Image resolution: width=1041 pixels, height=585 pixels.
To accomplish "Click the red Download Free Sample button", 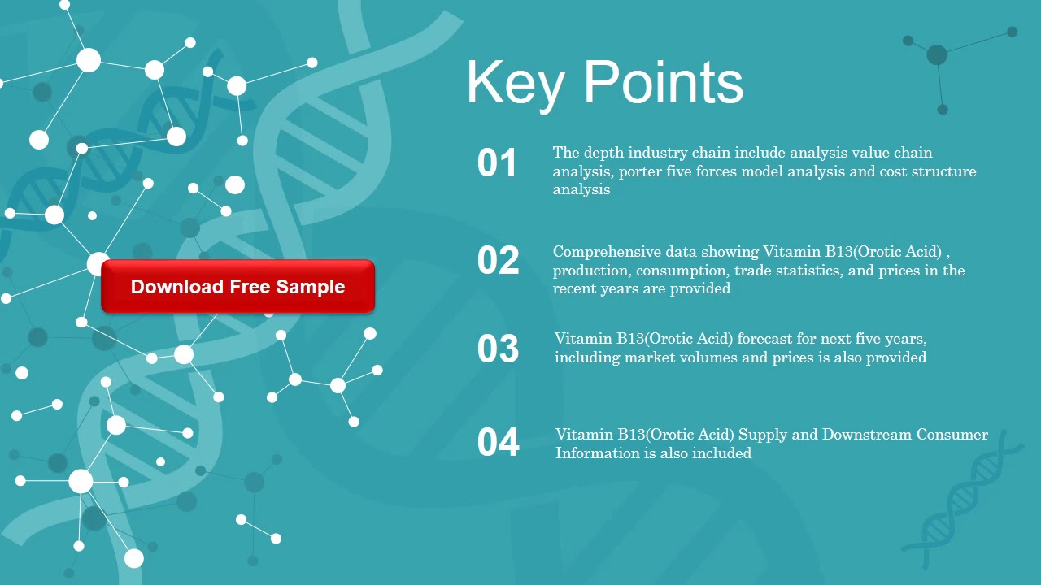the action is tap(237, 287).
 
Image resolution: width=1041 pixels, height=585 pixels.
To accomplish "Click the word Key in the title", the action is tap(515, 84).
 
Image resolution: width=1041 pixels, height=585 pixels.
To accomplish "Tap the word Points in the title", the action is tap(663, 82).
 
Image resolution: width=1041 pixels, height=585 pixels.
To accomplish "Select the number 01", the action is tap(497, 163).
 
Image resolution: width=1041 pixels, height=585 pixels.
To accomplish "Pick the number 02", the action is tap(498, 261).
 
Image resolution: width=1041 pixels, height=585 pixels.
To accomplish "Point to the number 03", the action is tap(498, 349).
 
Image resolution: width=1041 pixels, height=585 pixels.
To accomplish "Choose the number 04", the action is tap(498, 443).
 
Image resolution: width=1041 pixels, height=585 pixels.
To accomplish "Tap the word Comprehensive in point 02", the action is tap(607, 252).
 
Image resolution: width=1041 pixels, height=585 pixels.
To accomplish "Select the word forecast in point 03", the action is tap(764, 339).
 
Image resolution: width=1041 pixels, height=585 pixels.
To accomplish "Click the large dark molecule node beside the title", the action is tap(937, 54).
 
